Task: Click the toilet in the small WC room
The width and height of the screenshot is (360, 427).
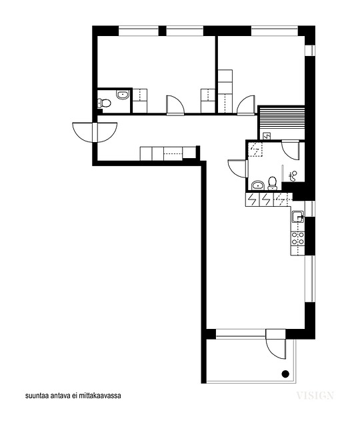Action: point(105,103)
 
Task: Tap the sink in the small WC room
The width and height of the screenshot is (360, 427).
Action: point(123,95)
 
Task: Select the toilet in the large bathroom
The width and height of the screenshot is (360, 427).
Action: point(273,183)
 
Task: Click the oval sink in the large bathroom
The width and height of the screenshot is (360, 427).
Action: point(258,185)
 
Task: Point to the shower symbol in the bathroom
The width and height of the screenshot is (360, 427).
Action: point(293,176)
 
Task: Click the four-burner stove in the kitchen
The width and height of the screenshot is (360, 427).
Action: point(298,238)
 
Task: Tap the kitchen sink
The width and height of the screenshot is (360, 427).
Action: point(298,217)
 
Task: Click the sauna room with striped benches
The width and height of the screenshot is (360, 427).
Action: point(281,123)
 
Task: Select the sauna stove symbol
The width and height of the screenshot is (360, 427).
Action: point(267,135)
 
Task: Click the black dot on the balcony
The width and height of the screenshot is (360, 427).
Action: point(285,374)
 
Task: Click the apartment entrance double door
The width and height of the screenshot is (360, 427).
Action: point(95,133)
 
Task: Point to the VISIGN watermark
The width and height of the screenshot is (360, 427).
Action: point(315,396)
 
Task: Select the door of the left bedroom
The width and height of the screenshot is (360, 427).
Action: point(175,105)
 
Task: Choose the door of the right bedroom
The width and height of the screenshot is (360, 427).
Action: point(246,105)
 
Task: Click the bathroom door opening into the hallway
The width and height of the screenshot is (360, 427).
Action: point(238,169)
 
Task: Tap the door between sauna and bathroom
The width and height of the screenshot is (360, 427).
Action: point(291,150)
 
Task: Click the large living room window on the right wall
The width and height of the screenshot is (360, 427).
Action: point(309,279)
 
